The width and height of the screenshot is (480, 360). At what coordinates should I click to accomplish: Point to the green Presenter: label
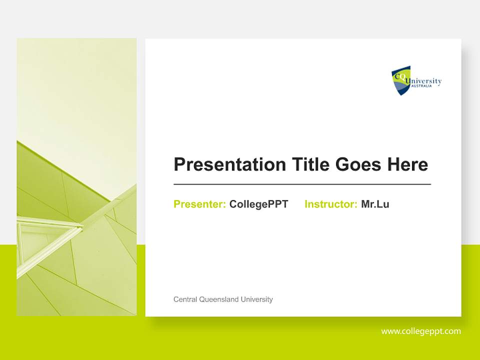(199, 204)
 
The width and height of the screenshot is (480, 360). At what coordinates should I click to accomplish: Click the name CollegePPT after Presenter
(258, 204)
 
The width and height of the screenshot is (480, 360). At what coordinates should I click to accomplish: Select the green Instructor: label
(330, 204)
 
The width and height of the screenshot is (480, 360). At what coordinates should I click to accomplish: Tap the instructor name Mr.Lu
(375, 204)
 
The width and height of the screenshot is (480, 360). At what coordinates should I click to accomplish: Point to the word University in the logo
(424, 81)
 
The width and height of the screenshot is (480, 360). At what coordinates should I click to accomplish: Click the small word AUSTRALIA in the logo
(421, 86)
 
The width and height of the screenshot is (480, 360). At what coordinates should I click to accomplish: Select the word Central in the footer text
(185, 299)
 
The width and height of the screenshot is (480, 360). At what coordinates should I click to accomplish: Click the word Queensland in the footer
(218, 299)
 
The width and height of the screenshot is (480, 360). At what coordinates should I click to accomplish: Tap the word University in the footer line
(256, 299)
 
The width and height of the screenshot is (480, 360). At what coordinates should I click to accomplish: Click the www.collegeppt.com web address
(421, 331)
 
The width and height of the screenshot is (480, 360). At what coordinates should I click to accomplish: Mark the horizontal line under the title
(302, 184)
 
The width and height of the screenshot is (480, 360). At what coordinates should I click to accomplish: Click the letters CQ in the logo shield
(399, 76)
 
